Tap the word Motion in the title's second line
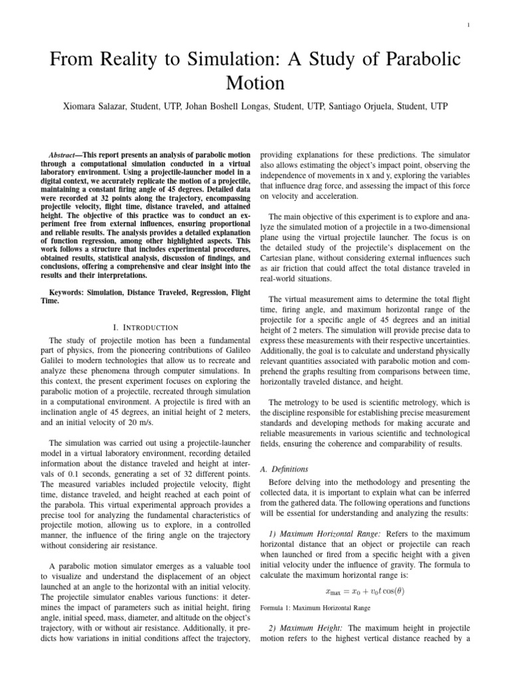point(255,84)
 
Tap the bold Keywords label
point(73,292)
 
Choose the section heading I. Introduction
point(146,327)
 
